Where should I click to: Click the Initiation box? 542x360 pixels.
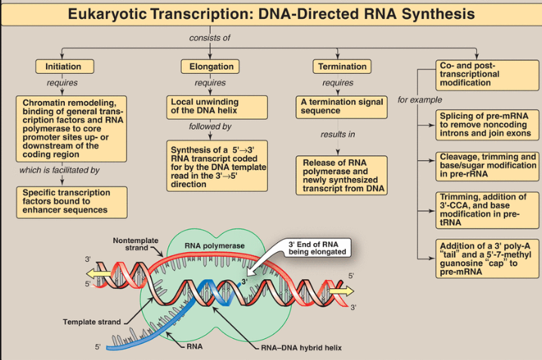point(63,66)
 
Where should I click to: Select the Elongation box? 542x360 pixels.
point(207,66)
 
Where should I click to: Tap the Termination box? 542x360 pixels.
point(341,66)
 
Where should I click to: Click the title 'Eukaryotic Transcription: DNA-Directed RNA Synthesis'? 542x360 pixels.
point(271,14)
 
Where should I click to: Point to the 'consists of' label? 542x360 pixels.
point(209,38)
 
